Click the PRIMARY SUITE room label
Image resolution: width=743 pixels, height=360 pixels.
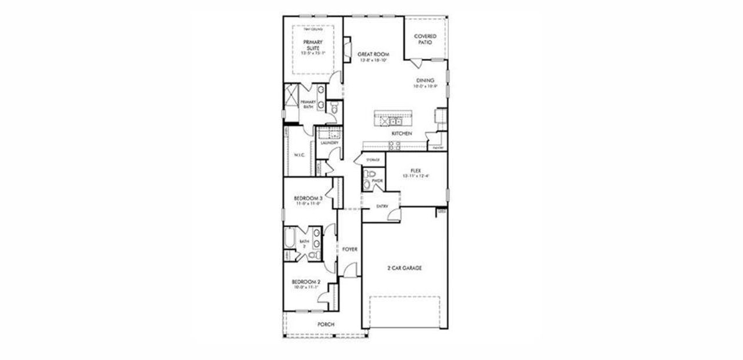coord(313,45)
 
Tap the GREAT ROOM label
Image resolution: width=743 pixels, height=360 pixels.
coord(373,54)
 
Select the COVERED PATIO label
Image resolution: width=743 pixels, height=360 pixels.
coord(425,39)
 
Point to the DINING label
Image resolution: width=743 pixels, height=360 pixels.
coord(425,81)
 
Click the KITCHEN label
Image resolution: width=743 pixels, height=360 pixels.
coord(401,134)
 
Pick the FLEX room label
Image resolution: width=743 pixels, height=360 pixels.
coord(415,171)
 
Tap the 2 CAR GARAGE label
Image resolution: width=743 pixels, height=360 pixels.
coord(404,268)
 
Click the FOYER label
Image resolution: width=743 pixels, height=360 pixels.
coord(349,249)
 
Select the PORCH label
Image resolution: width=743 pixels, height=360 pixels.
coord(326,325)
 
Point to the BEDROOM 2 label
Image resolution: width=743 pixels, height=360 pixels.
coord(306,283)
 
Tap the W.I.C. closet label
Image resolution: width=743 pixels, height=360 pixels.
coord(300,155)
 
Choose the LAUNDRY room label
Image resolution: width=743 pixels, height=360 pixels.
coord(329,143)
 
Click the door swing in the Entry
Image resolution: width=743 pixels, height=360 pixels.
coord(394,216)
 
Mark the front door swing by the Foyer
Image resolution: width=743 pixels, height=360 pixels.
coord(349,270)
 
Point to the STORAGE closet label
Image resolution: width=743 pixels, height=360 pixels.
coord(373,160)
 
